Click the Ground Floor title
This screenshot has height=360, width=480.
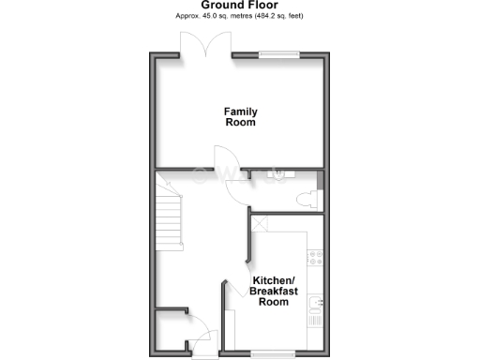click(239, 5)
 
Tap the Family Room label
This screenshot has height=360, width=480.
click(240, 116)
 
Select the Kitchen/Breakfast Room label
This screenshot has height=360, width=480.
click(273, 291)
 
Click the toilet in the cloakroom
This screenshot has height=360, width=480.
click(304, 199)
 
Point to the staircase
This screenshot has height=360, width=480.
click(169, 218)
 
